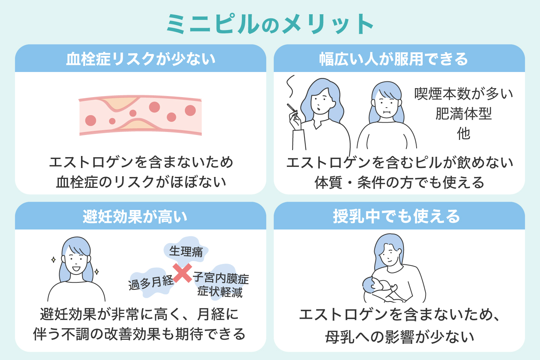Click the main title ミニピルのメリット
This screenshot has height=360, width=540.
point(270,24)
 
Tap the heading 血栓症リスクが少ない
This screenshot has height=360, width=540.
point(141,59)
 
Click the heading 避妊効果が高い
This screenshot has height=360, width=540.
point(135,216)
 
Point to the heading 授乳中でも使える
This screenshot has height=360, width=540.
point(396,216)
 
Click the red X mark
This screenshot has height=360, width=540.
point(183,273)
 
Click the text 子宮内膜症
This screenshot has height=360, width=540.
point(221,278)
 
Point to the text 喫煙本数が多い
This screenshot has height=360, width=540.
point(463,94)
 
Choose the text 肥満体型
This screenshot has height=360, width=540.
point(463,114)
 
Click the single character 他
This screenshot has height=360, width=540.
point(463,133)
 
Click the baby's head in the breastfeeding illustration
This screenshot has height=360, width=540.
point(370,285)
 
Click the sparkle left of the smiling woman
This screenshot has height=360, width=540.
point(54,259)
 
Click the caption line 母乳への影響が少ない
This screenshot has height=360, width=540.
point(400,337)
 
